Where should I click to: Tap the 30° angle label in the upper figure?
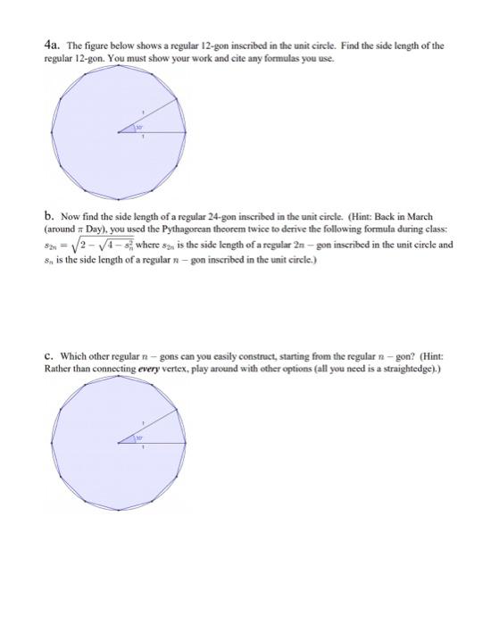point(138,129)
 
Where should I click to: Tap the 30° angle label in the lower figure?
point(138,437)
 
